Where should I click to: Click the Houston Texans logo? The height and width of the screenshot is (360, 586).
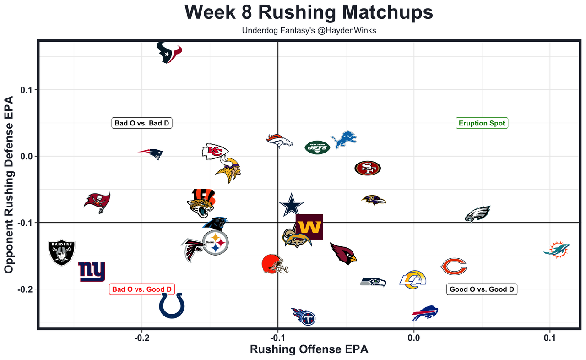pyautogui.click(x=169, y=52)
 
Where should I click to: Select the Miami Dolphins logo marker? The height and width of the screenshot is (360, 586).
pyautogui.click(x=557, y=249)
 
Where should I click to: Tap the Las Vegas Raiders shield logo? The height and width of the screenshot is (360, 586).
pyautogui.click(x=62, y=253)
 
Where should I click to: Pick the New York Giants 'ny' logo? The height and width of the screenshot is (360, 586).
pyautogui.click(x=92, y=272)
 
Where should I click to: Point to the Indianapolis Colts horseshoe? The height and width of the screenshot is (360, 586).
pyautogui.click(x=173, y=305)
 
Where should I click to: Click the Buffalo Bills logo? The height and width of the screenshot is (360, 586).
pyautogui.click(x=425, y=313)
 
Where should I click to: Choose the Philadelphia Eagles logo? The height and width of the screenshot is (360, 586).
pyautogui.click(x=477, y=214)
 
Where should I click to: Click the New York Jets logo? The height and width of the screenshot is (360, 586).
pyautogui.click(x=317, y=147)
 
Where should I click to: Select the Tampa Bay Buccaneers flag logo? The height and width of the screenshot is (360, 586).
pyautogui.click(x=98, y=202)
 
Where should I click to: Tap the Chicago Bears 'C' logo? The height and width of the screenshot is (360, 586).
pyautogui.click(x=453, y=266)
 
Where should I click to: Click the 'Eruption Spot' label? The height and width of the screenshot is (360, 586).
pyautogui.click(x=482, y=123)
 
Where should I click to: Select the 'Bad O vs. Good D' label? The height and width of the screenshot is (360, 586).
pyautogui.click(x=142, y=289)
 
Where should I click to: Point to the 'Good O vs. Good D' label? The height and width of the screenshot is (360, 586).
pyautogui.click(x=482, y=289)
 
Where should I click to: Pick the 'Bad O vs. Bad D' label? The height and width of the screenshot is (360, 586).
pyautogui.click(x=142, y=123)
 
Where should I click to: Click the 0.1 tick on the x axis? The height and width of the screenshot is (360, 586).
pyautogui.click(x=549, y=338)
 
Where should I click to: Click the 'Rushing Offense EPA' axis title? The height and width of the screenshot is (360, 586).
pyautogui.click(x=309, y=349)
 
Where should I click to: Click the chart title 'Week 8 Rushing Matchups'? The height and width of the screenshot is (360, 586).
pyautogui.click(x=309, y=12)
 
